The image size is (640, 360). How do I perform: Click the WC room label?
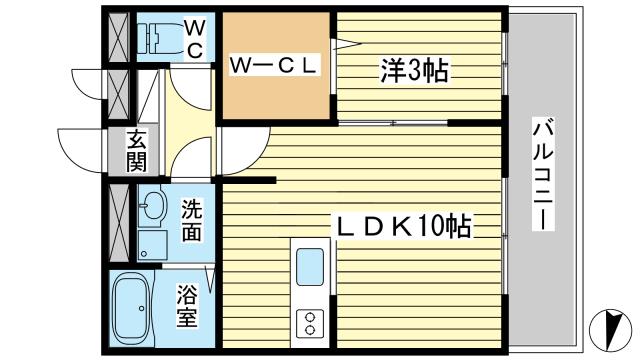(195, 40)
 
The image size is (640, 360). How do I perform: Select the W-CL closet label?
(273, 65)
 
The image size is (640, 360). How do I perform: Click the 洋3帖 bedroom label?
(414, 71)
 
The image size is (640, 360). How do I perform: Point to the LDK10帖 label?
(403, 226)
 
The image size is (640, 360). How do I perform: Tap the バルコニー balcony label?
(543, 174)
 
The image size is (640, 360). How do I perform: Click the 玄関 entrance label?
(136, 151)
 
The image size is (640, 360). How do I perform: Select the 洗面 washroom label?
(191, 220)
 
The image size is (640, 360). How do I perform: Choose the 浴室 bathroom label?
(187, 306)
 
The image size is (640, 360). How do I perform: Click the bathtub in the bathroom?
(131, 309)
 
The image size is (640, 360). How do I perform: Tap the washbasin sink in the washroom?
(152, 206)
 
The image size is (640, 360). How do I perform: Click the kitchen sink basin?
(310, 267)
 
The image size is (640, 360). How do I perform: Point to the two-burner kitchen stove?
(310, 323)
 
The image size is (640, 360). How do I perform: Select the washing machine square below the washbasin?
(152, 245)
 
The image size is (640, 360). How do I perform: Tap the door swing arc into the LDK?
(246, 151)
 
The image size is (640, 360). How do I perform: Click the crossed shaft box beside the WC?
(118, 37)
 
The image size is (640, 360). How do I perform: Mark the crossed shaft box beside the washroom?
(119, 223)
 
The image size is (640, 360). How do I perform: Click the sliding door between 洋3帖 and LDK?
(393, 122)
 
